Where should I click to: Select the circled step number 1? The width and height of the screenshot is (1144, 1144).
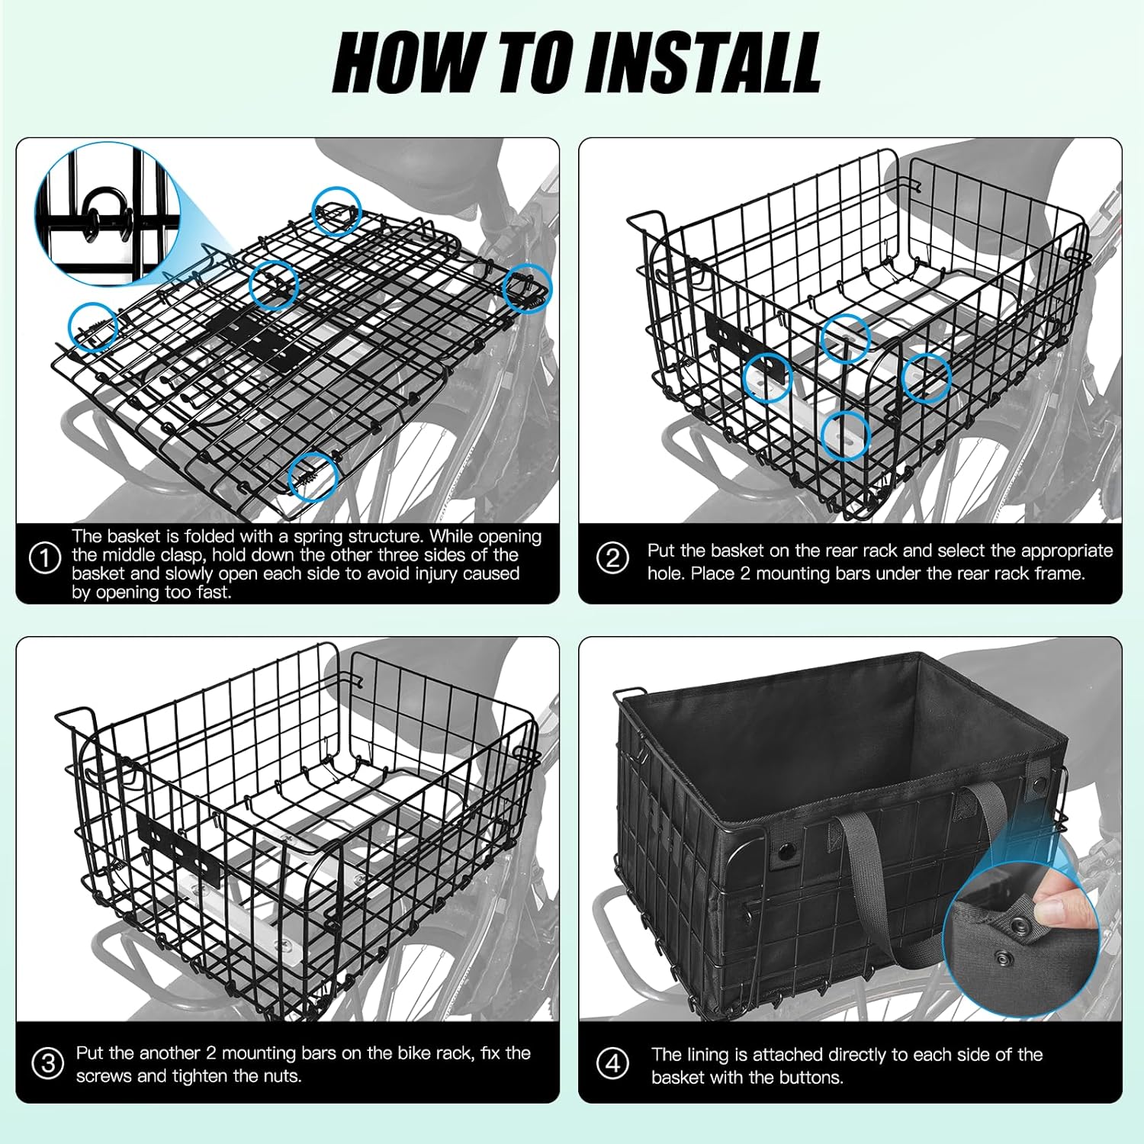click(x=45, y=558)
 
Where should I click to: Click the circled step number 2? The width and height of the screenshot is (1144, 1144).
click(x=613, y=558)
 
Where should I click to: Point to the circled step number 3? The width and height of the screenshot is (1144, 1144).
click(x=47, y=1062)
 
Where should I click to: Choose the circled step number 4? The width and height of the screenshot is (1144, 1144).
click(x=614, y=1063)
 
